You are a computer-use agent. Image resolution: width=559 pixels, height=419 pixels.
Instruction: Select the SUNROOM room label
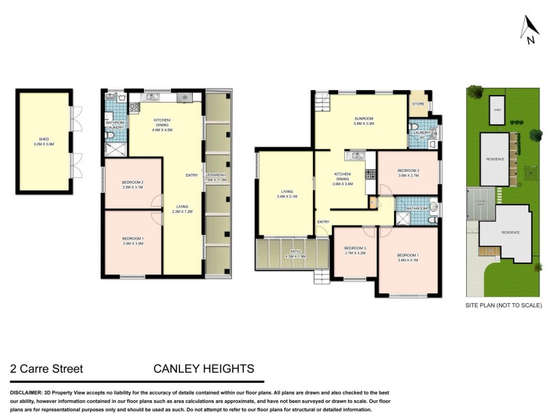pos(363,119)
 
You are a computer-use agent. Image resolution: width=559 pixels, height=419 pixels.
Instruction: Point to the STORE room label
pos(418,104)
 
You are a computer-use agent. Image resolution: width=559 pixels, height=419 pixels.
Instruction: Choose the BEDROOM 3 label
pos(355,250)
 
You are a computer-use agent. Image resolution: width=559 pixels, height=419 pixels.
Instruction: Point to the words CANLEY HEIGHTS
pos(204,369)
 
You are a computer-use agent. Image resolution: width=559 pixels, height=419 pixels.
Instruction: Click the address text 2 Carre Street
pos(47,369)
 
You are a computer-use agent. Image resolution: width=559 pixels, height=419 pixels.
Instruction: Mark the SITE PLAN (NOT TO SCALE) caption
pos(503,305)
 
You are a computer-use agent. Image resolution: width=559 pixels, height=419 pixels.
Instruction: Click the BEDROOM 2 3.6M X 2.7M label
pos(408,172)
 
